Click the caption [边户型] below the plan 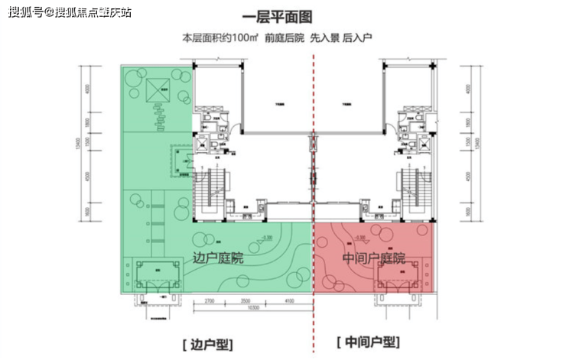pos(206,344)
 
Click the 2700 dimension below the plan pos(210,300)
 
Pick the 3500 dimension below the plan pos(244,300)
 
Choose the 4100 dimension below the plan pos(285,300)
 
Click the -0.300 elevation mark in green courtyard pos(266,238)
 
